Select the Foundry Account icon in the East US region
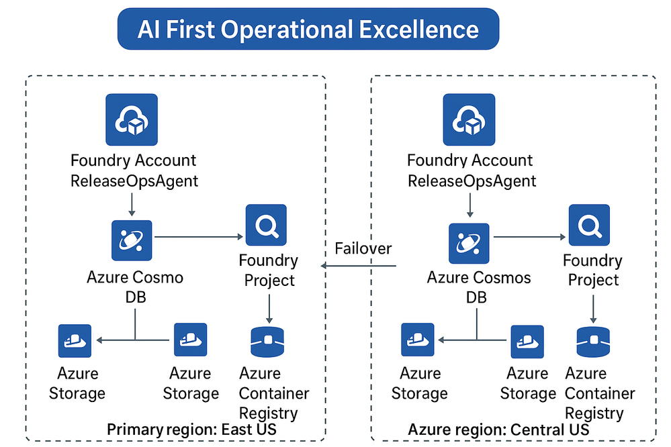(132, 119)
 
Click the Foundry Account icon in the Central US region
(469, 119)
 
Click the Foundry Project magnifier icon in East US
(266, 226)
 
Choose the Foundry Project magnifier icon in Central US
(590, 226)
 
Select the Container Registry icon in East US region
(268, 341)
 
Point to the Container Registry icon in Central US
(594, 341)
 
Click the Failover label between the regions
(363, 248)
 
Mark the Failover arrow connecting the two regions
(359, 266)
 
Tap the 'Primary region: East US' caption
(191, 430)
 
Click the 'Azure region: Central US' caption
(498, 430)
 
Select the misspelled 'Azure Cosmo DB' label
(135, 287)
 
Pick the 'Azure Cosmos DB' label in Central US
(478, 287)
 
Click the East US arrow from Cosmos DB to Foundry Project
(199, 236)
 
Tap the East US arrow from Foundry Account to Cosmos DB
(132, 203)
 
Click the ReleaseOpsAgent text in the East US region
(134, 181)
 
